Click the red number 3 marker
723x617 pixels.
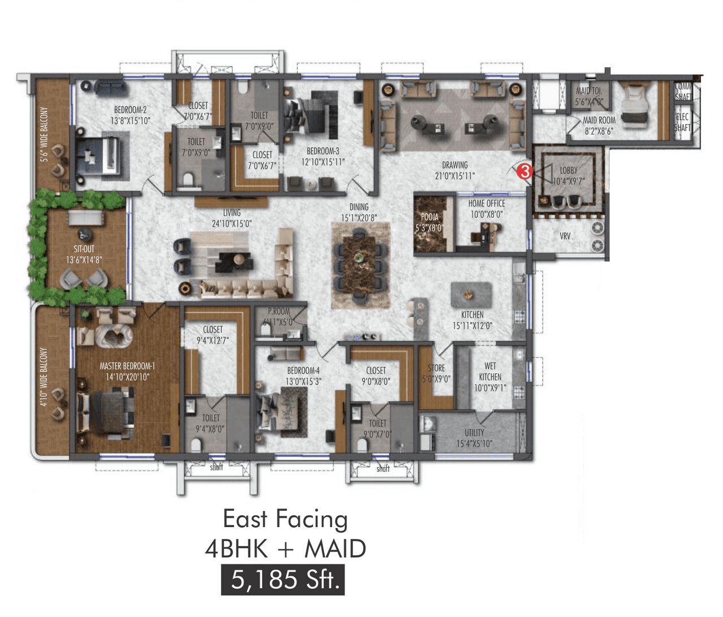[525, 171]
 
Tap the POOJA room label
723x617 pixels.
[429, 217]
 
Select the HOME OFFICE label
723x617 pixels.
[486, 203]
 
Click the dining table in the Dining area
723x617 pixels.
[360, 265]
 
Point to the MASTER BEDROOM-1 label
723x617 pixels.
[127, 366]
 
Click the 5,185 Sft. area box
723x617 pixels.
[282, 580]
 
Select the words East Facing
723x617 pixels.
[285, 519]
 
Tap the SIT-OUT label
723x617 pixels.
[84, 249]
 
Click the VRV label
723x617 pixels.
[565, 236]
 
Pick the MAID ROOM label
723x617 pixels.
[599, 120]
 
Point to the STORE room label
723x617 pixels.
[436, 368]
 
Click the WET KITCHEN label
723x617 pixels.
[490, 372]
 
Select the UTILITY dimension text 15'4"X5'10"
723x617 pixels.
[474, 444]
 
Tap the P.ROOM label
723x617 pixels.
[278, 311]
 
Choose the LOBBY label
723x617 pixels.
[568, 170]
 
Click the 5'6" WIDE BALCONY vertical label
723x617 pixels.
[44, 135]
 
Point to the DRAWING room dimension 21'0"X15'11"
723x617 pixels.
[454, 176]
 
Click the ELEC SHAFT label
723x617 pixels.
[682, 122]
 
